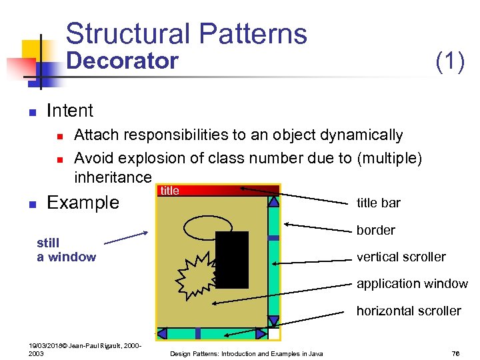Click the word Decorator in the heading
point(123,61)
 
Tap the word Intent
point(70,111)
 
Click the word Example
point(83,203)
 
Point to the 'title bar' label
point(379,203)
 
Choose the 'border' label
point(376,230)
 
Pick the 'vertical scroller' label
point(401,257)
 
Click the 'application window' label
point(412,284)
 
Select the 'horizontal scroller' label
point(409,311)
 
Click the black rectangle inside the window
point(233,259)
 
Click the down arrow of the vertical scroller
point(273,321)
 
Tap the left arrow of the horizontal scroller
point(162,333)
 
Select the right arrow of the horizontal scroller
point(261,333)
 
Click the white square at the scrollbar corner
point(274,333)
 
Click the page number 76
point(456,353)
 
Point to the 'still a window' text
point(66,250)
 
